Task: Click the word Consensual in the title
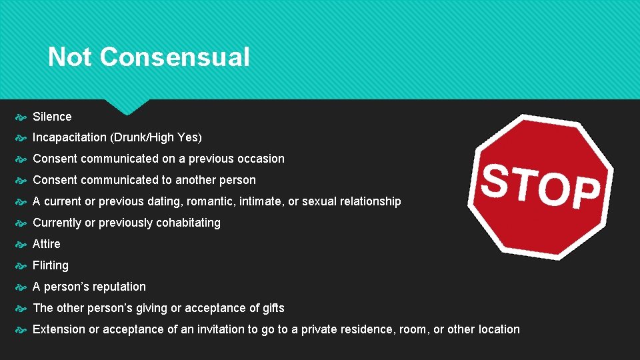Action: click(x=175, y=57)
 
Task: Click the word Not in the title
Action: click(x=70, y=57)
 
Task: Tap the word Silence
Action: click(x=52, y=117)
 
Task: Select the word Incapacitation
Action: click(x=69, y=138)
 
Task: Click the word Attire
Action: click(x=46, y=244)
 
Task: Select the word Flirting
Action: click(x=51, y=265)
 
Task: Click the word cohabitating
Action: click(x=188, y=223)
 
